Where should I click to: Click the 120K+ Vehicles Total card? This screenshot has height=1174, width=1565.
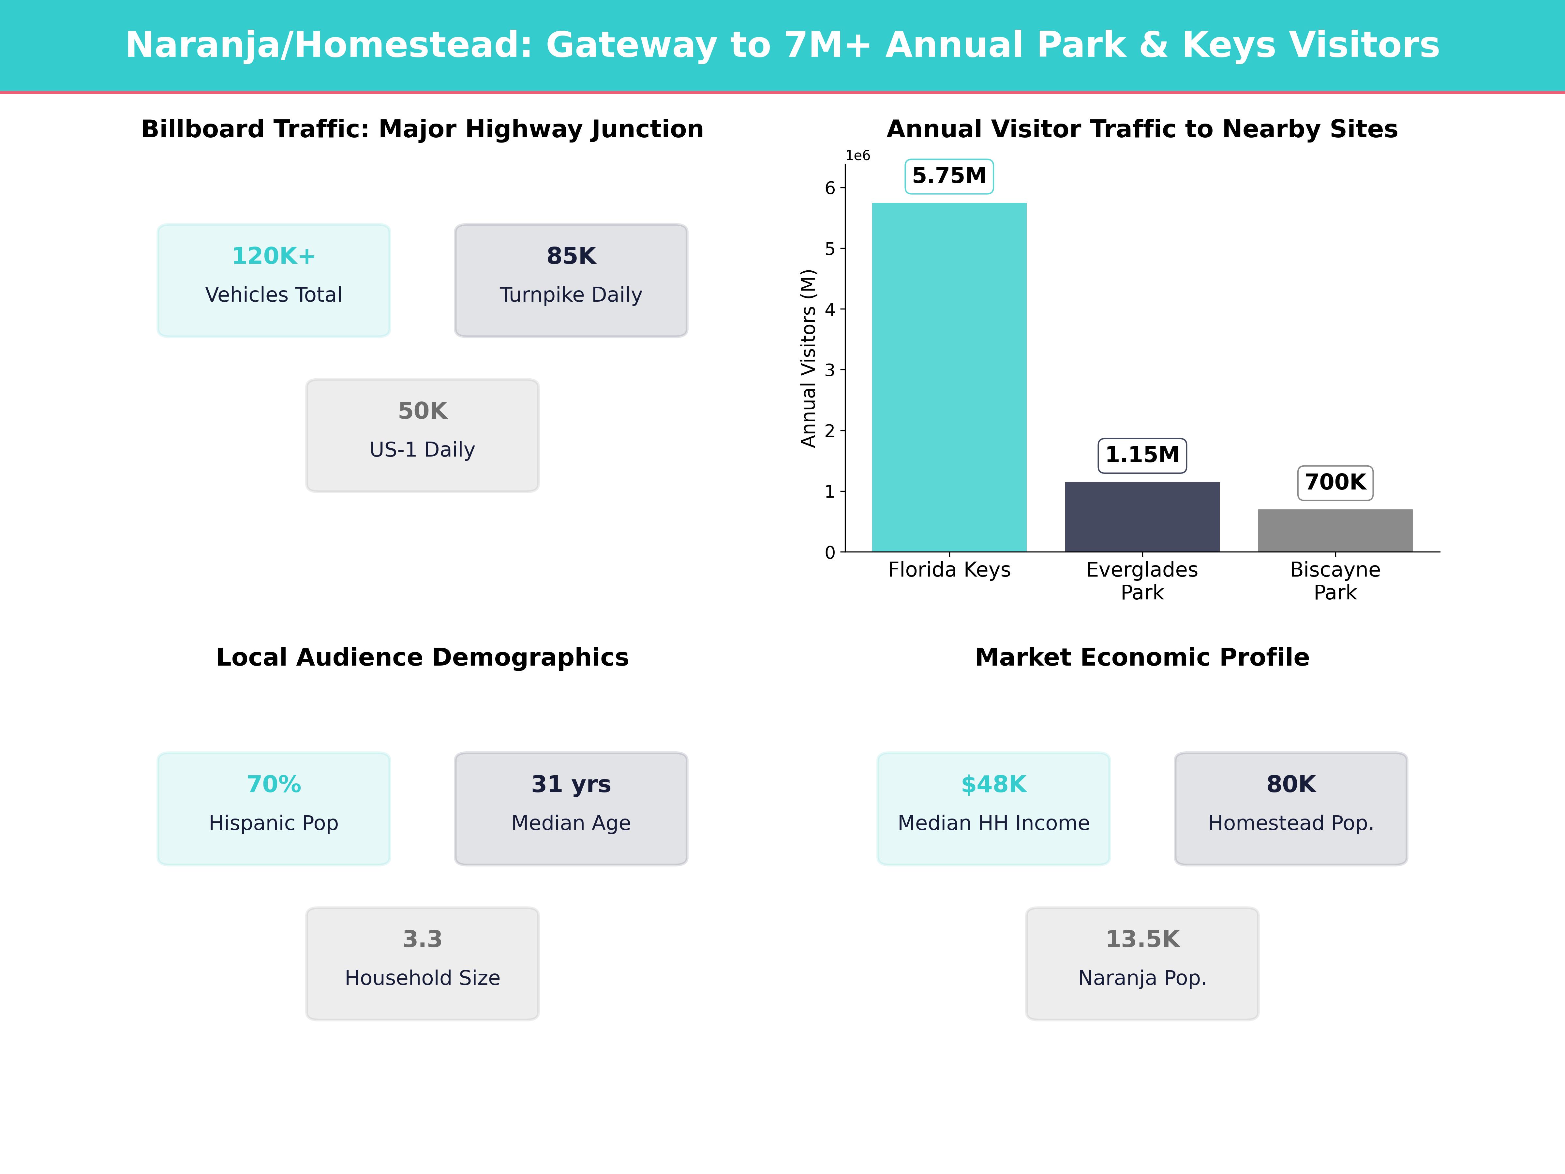coord(274,280)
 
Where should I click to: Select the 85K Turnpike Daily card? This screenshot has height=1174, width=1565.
coord(571,280)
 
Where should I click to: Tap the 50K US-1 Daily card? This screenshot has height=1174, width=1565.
coord(422,435)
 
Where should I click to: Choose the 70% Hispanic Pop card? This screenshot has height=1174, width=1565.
coord(274,808)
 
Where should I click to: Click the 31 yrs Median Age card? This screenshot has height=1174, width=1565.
coord(571,808)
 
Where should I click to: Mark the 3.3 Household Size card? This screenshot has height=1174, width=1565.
coord(422,963)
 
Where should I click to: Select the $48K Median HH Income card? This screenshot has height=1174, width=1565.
coord(993,808)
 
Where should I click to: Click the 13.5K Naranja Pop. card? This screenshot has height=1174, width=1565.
coord(1142,963)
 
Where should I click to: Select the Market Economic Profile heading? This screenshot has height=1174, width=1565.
coord(1142,657)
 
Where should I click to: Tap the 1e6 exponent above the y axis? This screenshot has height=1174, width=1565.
coord(857,156)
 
